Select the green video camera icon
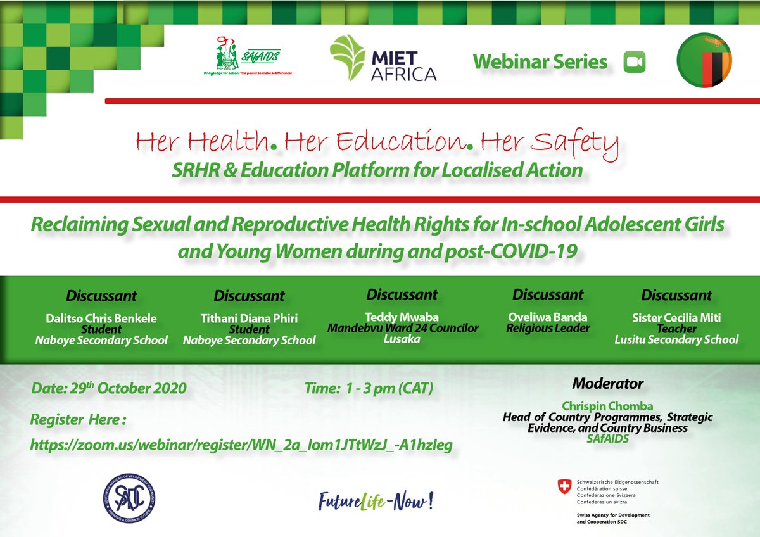pyautogui.click(x=633, y=62)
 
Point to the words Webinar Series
pyautogui.click(x=540, y=62)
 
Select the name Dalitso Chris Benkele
pyautogui.click(x=101, y=318)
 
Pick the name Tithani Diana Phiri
pyautogui.click(x=249, y=319)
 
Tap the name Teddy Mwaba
pyautogui.click(x=402, y=317)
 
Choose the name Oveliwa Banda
pyautogui.click(x=548, y=317)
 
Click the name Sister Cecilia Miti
pyautogui.click(x=676, y=318)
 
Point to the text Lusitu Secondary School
pyautogui.click(x=676, y=339)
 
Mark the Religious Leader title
pyautogui.click(x=548, y=328)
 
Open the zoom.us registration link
pyautogui.click(x=241, y=446)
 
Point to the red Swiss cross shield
pyautogui.click(x=563, y=486)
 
